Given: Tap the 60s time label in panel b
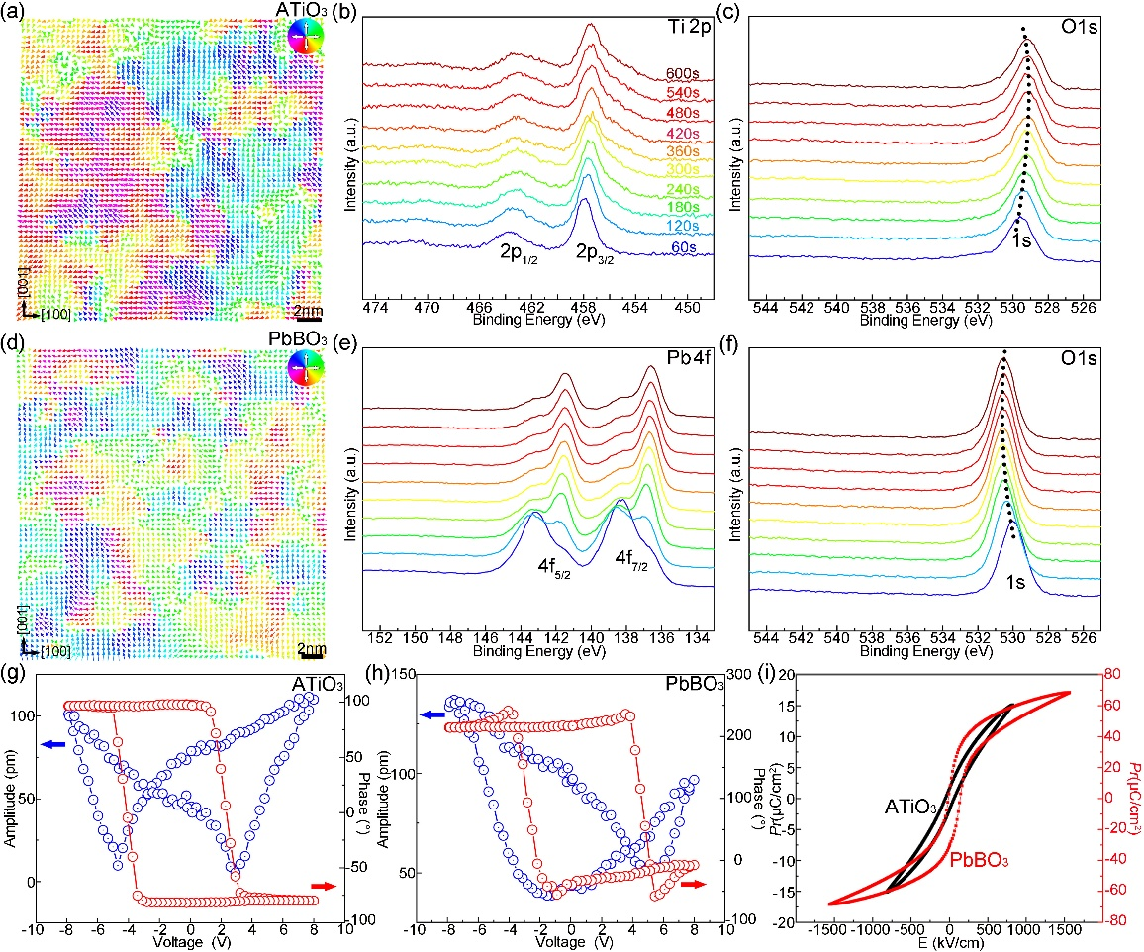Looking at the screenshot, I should [680, 242].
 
